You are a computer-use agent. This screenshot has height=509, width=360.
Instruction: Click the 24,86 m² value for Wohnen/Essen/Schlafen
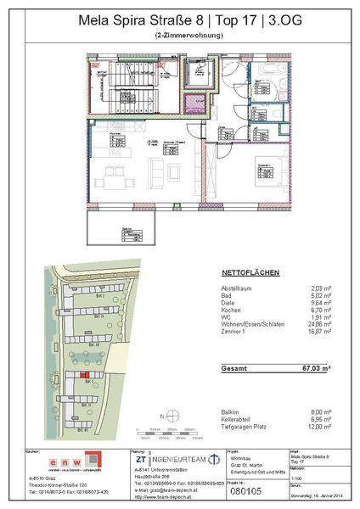[317, 336]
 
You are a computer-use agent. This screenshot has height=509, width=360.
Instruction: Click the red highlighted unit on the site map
[84, 374]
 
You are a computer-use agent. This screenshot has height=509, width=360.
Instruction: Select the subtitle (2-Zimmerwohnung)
[179, 35]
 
